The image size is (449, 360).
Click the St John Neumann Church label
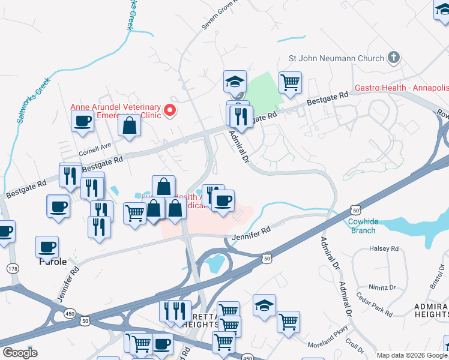(x=336, y=58)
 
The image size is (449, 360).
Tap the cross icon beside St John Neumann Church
(x=394, y=58)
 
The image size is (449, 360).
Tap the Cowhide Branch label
(x=364, y=226)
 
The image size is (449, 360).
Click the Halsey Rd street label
(x=385, y=248)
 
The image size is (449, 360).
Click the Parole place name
(x=52, y=262)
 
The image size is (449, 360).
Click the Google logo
(x=20, y=352)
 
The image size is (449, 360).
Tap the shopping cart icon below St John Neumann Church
(x=290, y=82)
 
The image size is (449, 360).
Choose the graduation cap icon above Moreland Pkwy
(x=264, y=305)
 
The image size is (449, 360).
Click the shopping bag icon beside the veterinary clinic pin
(x=130, y=125)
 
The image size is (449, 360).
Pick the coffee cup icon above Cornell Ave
(x=82, y=121)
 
